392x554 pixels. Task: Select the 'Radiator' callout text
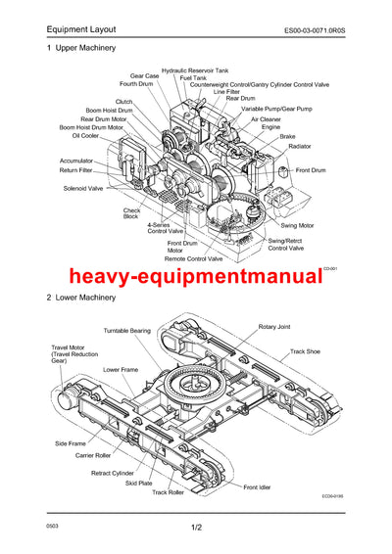tap(302, 146)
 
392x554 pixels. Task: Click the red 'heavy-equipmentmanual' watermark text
tap(194, 276)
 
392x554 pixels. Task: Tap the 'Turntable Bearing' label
tap(127, 331)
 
